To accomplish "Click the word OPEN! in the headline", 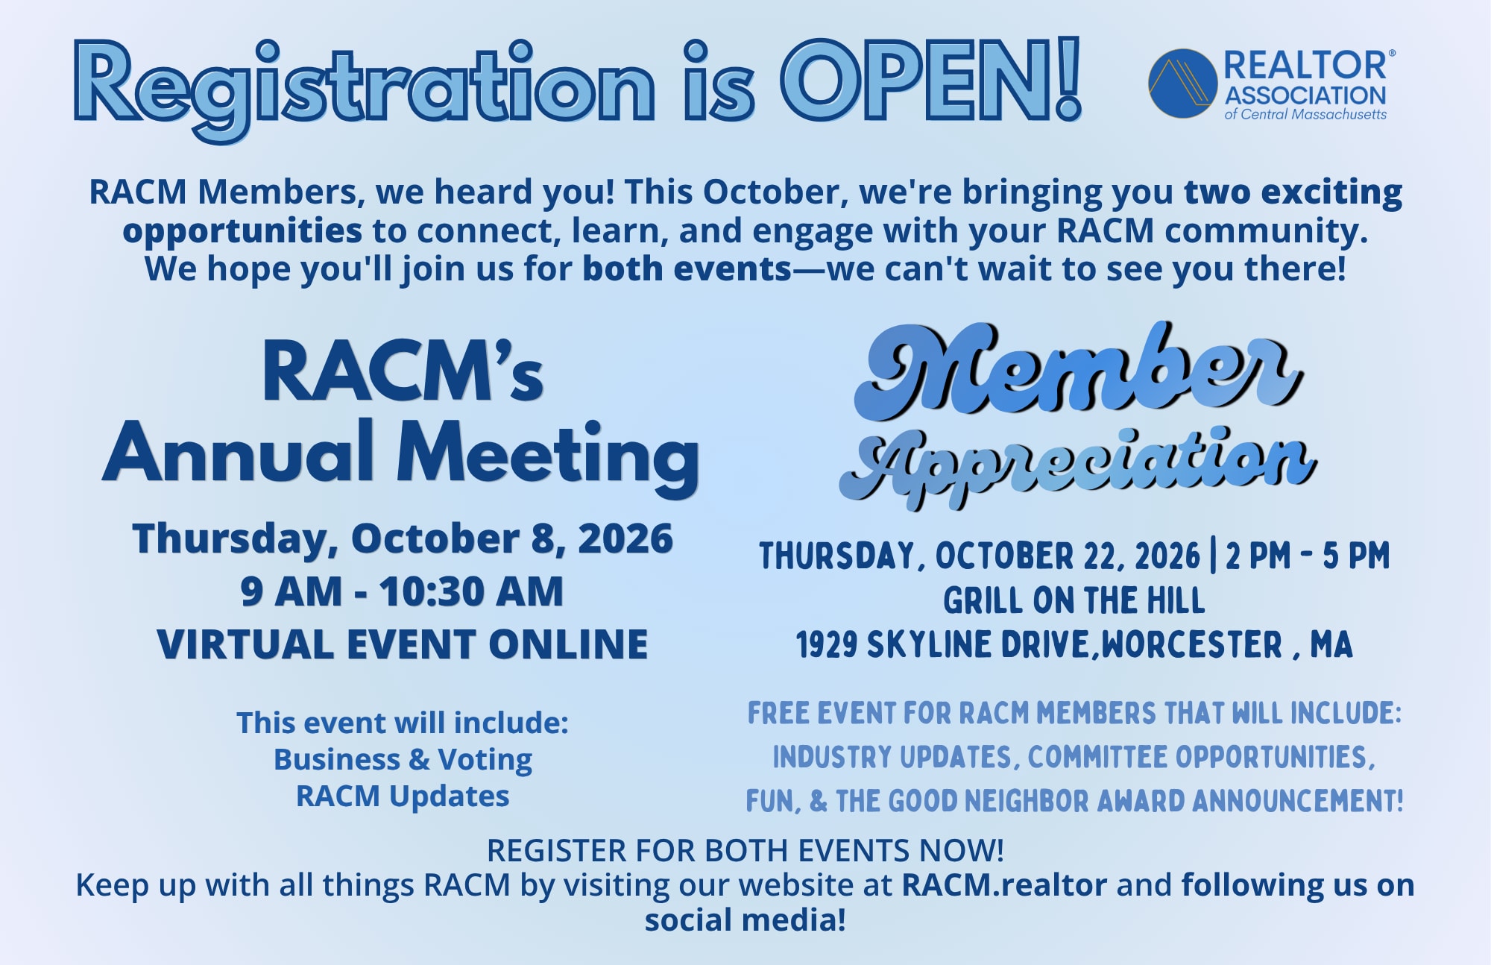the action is (931, 80).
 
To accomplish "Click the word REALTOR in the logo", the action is (1305, 66).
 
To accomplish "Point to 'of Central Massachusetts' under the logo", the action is (1305, 114).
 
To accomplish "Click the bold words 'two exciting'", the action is (1293, 192).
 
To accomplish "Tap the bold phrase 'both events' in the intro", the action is (687, 268).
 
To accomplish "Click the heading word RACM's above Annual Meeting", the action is (403, 371).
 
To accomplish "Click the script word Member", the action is (1079, 369).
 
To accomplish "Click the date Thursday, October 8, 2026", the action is (403, 538).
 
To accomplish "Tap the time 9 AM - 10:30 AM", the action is (402, 591).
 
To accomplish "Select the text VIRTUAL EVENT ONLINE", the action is (403, 644).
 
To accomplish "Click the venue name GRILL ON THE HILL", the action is (1074, 600).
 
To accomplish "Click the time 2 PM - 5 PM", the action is (1308, 556).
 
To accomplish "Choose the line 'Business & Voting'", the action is (403, 759).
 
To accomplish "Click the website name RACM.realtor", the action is (1004, 885).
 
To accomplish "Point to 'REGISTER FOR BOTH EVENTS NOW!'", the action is (745, 850).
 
